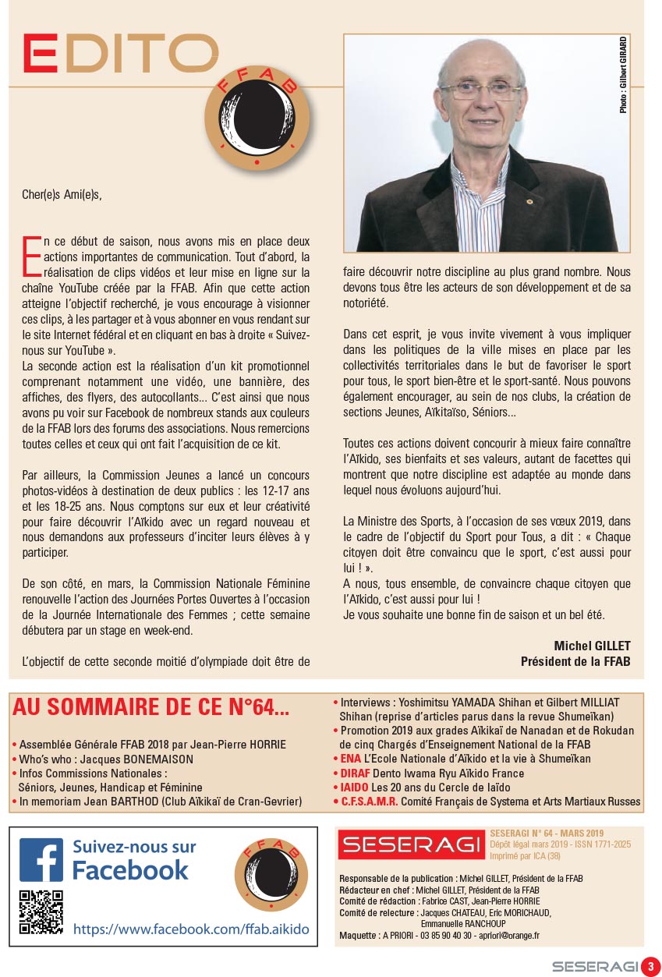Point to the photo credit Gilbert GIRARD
click(x=623, y=75)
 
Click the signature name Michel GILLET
click(x=592, y=646)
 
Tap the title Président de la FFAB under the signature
click(x=575, y=661)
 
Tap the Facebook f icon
click(x=41, y=859)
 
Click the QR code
click(x=41, y=912)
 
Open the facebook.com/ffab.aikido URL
click(x=190, y=929)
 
